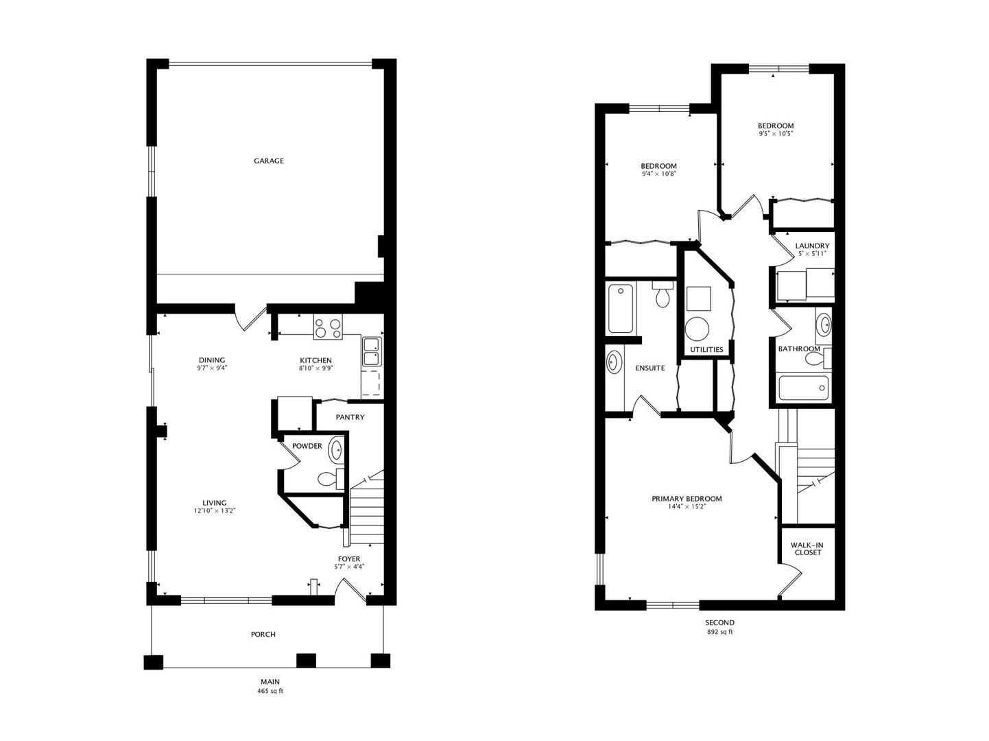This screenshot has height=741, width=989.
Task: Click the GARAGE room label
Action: (269, 161)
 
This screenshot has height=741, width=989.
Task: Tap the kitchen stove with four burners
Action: (328, 327)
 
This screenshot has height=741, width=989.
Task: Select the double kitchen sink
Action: (372, 351)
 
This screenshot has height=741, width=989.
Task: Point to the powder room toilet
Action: (331, 479)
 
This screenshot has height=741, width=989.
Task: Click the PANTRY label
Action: (350, 417)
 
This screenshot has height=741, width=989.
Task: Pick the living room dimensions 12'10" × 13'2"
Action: (215, 510)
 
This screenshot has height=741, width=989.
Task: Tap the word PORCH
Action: (263, 634)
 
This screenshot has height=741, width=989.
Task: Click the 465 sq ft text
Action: (270, 691)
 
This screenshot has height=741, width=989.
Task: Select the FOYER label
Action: (349, 559)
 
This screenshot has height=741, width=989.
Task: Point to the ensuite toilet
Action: (663, 295)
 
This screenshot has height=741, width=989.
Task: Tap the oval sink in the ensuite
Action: (614, 362)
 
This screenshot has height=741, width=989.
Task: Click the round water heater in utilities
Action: (697, 329)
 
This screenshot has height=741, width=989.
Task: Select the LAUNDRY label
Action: (812, 246)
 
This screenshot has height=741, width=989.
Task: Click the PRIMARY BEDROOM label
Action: (687, 499)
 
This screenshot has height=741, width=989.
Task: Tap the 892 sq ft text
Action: (720, 632)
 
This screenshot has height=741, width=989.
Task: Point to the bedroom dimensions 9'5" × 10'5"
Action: (776, 133)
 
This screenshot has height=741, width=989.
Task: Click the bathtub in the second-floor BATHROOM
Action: (803, 388)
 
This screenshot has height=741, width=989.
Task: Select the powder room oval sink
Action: (335, 449)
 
